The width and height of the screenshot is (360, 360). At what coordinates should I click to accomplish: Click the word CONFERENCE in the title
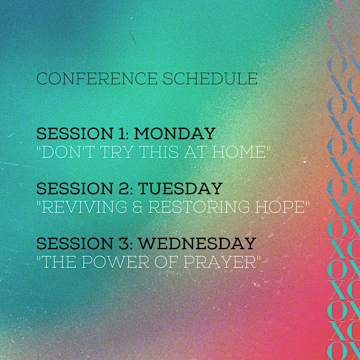[97, 78]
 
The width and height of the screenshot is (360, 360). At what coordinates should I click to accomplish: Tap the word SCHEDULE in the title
[210, 78]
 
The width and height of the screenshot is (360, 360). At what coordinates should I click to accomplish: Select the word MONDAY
[174, 133]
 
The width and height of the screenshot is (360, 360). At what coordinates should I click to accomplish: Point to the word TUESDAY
[180, 188]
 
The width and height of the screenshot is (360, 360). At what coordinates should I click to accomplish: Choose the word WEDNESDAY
[197, 243]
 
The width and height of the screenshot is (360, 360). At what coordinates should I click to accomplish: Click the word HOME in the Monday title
[239, 152]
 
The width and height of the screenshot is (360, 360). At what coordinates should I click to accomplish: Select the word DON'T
[68, 152]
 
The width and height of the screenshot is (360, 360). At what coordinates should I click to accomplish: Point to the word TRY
[117, 152]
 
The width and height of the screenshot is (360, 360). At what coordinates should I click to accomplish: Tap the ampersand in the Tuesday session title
[137, 207]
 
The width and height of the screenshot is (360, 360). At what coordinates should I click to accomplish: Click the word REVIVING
[84, 207]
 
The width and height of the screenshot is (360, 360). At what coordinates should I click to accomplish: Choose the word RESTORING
[199, 207]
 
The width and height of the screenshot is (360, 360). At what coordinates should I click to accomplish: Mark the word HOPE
[280, 207]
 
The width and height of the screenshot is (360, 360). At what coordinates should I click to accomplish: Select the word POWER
[115, 262]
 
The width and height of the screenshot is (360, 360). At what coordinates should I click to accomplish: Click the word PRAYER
[220, 262]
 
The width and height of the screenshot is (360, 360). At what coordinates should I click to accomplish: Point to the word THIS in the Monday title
[158, 152]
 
